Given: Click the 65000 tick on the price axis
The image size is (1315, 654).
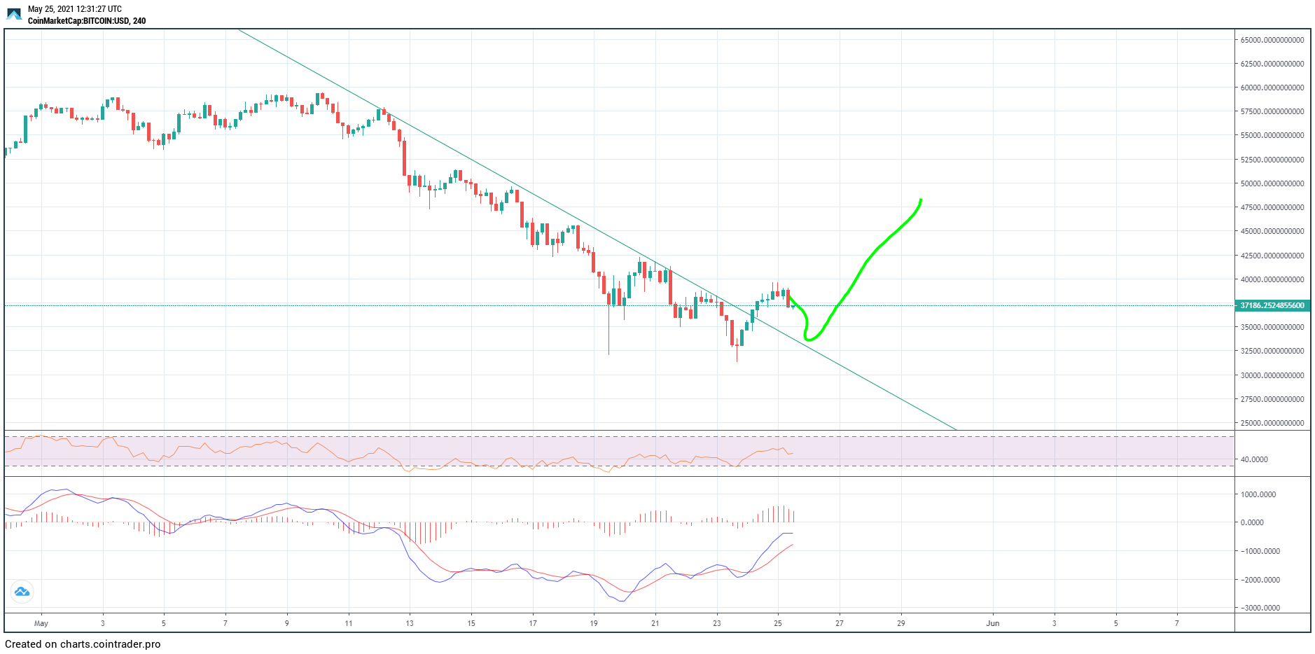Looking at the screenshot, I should (1272, 40).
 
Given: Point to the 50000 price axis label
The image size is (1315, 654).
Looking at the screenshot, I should (1272, 183).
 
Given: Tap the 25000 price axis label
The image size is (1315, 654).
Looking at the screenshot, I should (1272, 423).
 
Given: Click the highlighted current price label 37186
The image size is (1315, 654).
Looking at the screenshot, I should (1272, 305).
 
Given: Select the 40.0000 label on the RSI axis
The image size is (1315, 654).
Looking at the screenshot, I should (1254, 459).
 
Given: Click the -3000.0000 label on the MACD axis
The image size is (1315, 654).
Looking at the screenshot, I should (1260, 608).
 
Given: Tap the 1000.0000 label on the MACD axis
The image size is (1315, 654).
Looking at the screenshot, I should (1258, 494).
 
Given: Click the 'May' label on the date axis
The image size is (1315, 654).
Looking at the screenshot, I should (41, 623).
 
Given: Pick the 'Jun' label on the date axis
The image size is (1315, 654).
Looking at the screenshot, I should (992, 623).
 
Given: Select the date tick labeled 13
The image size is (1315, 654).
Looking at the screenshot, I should (410, 623).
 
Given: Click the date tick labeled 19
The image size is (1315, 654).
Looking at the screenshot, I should (594, 623).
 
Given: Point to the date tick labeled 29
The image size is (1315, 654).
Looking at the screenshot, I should (900, 623).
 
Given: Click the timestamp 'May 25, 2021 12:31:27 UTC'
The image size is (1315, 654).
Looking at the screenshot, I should (74, 9).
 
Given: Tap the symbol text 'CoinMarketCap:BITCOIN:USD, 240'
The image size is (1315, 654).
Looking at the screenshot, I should (87, 21).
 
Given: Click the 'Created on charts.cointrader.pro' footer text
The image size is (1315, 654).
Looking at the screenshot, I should (83, 644).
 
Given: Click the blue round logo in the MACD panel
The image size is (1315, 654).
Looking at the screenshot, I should (22, 592).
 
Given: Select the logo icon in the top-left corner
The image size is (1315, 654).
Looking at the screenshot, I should (14, 14).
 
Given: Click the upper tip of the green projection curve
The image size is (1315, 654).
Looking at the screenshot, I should (921, 200).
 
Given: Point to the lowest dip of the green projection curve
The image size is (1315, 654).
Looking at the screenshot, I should (809, 340).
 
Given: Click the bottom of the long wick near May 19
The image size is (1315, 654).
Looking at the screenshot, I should (608, 354).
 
